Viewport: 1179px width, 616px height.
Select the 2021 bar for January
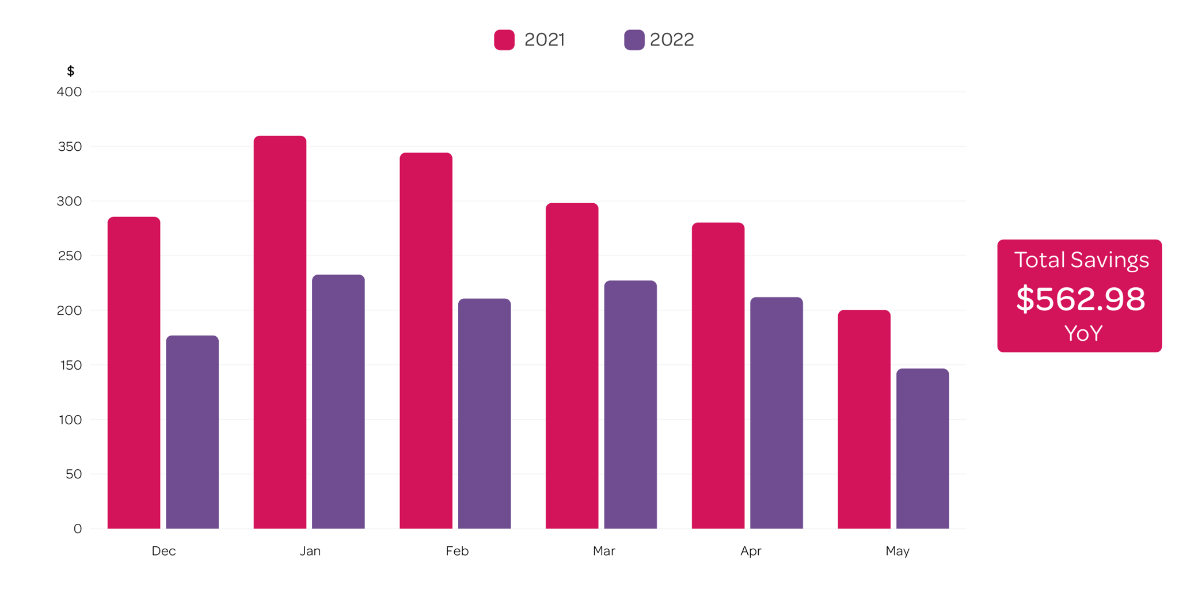point(280,332)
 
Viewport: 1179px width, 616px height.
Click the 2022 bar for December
point(192,432)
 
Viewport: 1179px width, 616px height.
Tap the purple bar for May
point(922,448)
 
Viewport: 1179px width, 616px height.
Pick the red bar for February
point(426,340)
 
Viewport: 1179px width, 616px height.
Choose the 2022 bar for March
point(630,404)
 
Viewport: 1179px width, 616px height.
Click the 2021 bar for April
point(718,375)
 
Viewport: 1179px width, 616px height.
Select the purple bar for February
point(484,413)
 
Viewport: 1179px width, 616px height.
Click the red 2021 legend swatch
point(504,40)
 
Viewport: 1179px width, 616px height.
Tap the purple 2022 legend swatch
point(634,40)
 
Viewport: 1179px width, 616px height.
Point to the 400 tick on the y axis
point(69,92)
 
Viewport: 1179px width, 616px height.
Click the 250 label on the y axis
point(70,256)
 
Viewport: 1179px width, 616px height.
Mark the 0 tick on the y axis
point(77,528)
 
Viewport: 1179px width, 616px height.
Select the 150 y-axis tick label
point(70,365)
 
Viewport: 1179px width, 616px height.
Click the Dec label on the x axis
point(163,551)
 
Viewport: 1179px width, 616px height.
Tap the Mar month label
point(604,551)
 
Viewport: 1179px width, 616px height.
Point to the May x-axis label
point(897,551)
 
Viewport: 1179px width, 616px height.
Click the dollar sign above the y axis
point(70,71)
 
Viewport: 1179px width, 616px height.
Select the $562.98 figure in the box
point(1080,299)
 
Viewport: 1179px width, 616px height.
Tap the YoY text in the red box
point(1083,333)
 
